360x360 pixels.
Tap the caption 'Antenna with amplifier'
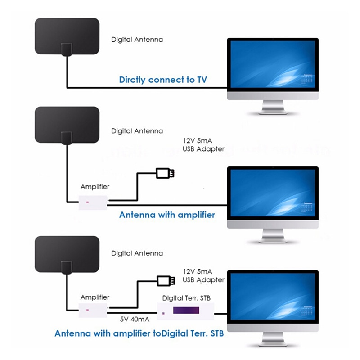pyautogui.click(x=167, y=215)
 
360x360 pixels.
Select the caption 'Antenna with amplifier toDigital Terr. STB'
pyautogui.click(x=139, y=334)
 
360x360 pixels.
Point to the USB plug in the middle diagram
pyautogui.click(x=165, y=173)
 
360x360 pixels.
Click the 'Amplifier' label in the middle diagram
pyautogui.click(x=94, y=186)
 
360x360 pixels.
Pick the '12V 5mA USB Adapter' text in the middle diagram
pyautogui.click(x=203, y=145)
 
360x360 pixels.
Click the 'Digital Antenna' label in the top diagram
pyautogui.click(x=137, y=40)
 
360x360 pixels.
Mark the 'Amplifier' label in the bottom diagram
pyautogui.click(x=94, y=297)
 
